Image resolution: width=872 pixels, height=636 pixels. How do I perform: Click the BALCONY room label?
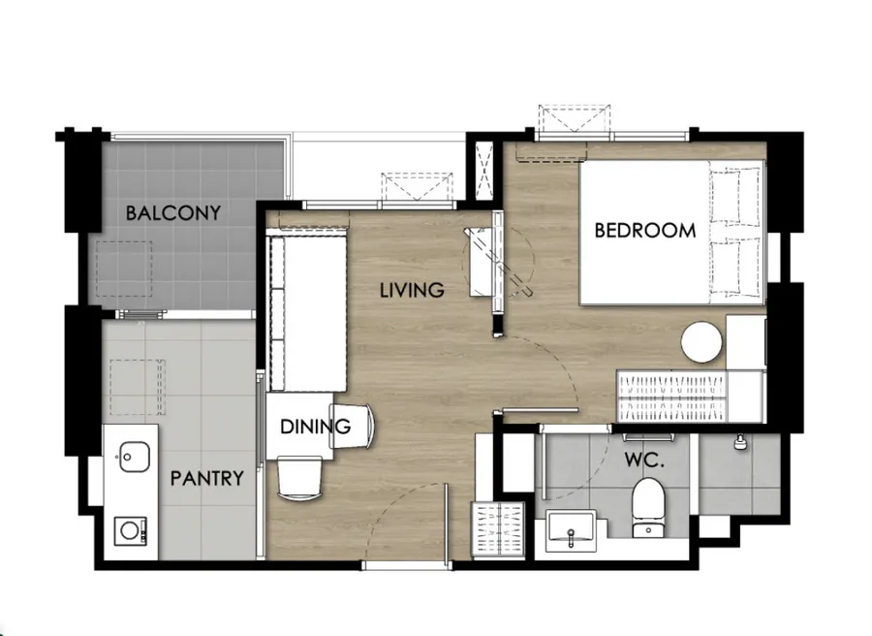pyautogui.click(x=173, y=212)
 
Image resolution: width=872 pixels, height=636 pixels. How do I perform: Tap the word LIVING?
pyautogui.click(x=412, y=290)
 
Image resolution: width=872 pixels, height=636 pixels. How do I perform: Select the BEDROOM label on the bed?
pyautogui.click(x=645, y=231)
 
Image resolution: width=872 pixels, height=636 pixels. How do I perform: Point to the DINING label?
pyautogui.click(x=315, y=427)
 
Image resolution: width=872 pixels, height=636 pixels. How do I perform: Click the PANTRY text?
pyautogui.click(x=207, y=479)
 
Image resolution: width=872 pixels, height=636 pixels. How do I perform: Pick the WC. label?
pyautogui.click(x=644, y=461)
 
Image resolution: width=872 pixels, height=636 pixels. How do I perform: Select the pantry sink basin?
pyautogui.click(x=135, y=457)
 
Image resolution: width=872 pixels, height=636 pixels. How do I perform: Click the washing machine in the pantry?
pyautogui.click(x=131, y=531)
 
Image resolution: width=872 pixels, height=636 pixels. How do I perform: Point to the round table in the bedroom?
pyautogui.click(x=701, y=342)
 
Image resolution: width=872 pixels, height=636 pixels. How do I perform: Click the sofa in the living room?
pyautogui.click(x=307, y=313)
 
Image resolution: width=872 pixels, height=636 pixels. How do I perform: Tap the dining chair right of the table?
pyautogui.click(x=353, y=426)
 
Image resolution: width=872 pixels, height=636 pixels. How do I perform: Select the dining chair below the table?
pyautogui.click(x=299, y=477)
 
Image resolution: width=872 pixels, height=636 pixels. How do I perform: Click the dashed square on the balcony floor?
pyautogui.click(x=124, y=269)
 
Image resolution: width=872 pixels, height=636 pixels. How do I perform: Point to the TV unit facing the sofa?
pyautogui.click(x=482, y=262)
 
